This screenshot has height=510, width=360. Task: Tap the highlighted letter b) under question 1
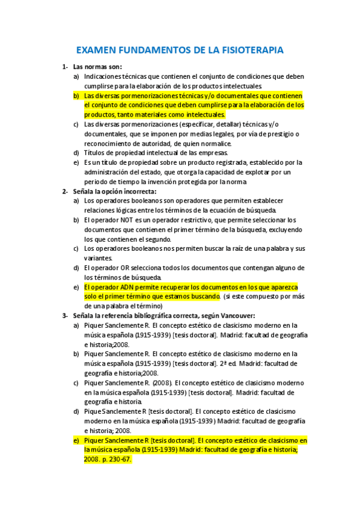click(x=76, y=96)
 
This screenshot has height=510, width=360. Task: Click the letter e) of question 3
click(x=76, y=440)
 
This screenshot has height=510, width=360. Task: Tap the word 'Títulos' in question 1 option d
click(x=96, y=153)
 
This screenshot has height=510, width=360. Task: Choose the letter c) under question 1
click(x=76, y=124)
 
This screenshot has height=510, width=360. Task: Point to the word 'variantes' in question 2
click(x=97, y=258)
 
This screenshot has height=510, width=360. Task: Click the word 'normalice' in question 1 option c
click(x=222, y=143)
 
